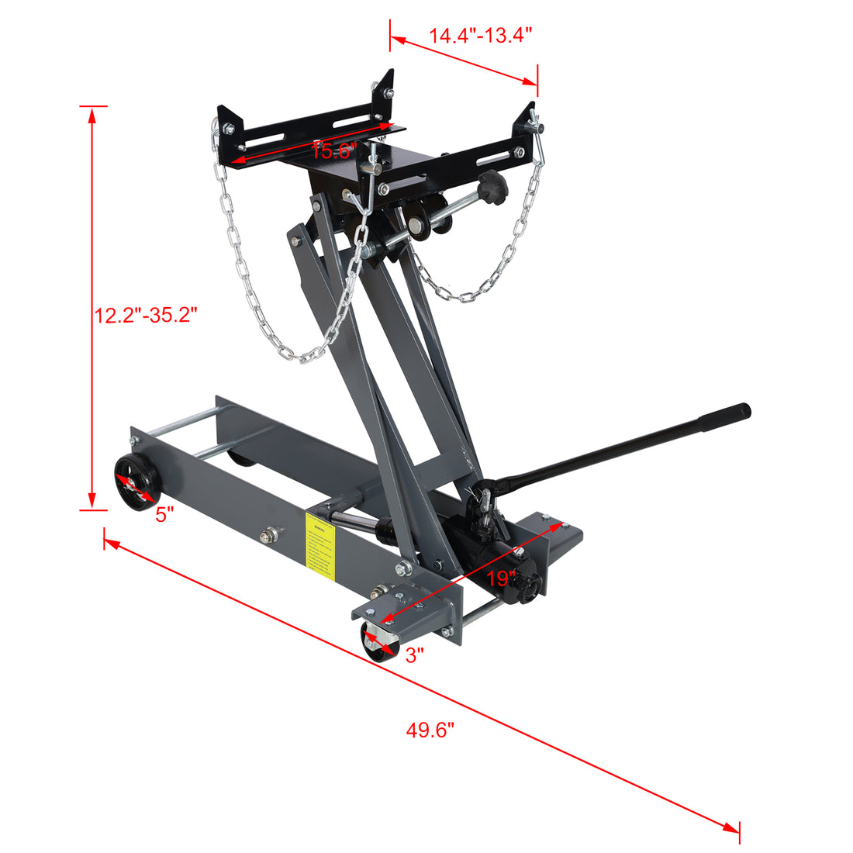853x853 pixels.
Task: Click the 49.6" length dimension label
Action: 430,730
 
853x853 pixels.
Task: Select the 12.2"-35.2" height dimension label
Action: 147,315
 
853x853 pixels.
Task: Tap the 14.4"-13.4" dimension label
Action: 481,35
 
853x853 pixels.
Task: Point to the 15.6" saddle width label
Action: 333,150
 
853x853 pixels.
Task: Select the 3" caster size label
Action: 415,655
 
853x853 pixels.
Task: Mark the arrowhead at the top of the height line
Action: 92,114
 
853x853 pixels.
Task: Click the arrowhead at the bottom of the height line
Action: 92,502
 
